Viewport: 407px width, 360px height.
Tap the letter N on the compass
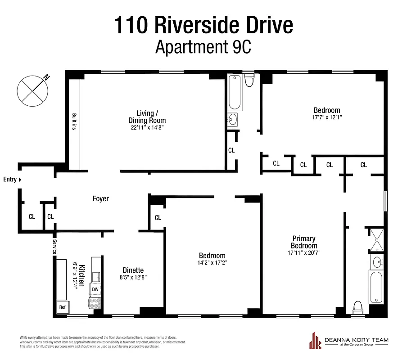(46, 78)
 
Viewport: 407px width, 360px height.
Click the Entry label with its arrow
(12, 180)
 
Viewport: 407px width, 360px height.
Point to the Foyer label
(100, 198)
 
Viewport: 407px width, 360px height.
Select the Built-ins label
(73, 121)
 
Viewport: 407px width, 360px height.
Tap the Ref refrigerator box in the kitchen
(62, 307)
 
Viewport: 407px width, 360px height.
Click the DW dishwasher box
(95, 289)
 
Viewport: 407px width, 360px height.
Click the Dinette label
(133, 270)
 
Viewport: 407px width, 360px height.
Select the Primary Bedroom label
(304, 242)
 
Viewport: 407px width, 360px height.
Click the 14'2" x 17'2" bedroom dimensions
(212, 263)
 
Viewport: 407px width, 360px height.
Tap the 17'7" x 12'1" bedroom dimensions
(327, 117)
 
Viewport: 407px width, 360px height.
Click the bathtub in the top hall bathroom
(234, 93)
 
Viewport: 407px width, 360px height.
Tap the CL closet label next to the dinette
(158, 218)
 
